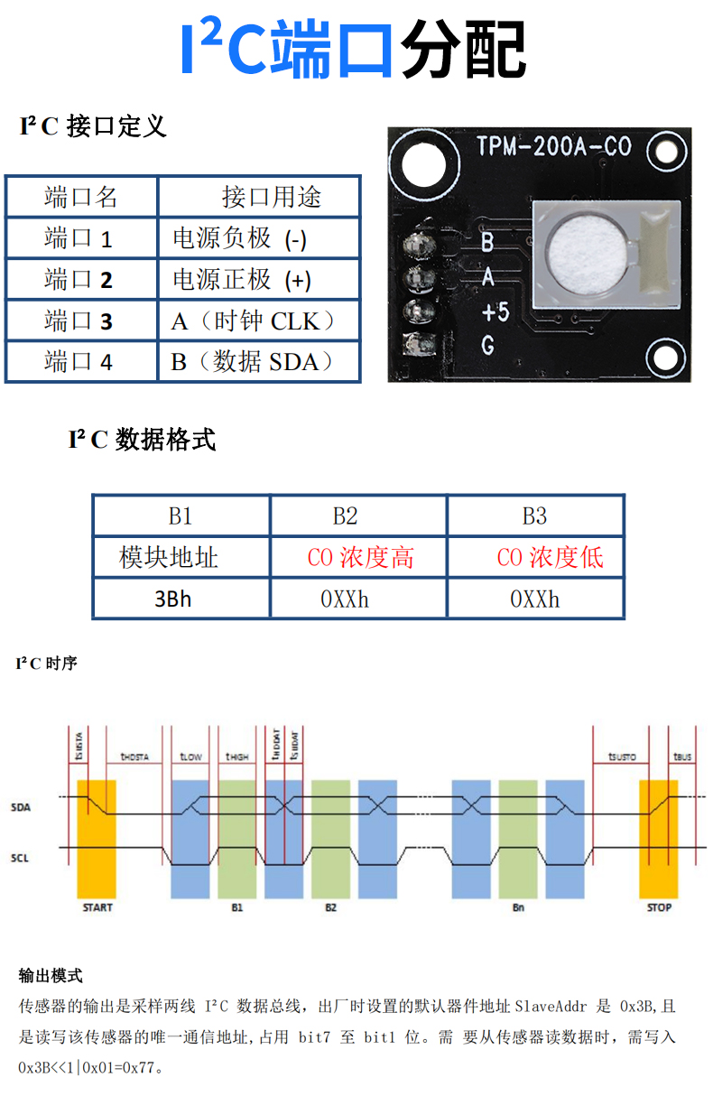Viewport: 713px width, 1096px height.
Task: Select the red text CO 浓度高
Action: click(x=360, y=557)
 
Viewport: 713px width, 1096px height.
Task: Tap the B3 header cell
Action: click(x=534, y=515)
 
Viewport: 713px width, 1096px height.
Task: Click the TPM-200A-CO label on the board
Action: click(x=553, y=147)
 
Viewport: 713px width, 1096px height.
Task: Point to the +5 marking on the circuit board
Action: click(x=495, y=312)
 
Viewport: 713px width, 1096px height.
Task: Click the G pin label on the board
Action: click(x=487, y=344)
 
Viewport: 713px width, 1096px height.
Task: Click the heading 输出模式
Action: click(x=51, y=975)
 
